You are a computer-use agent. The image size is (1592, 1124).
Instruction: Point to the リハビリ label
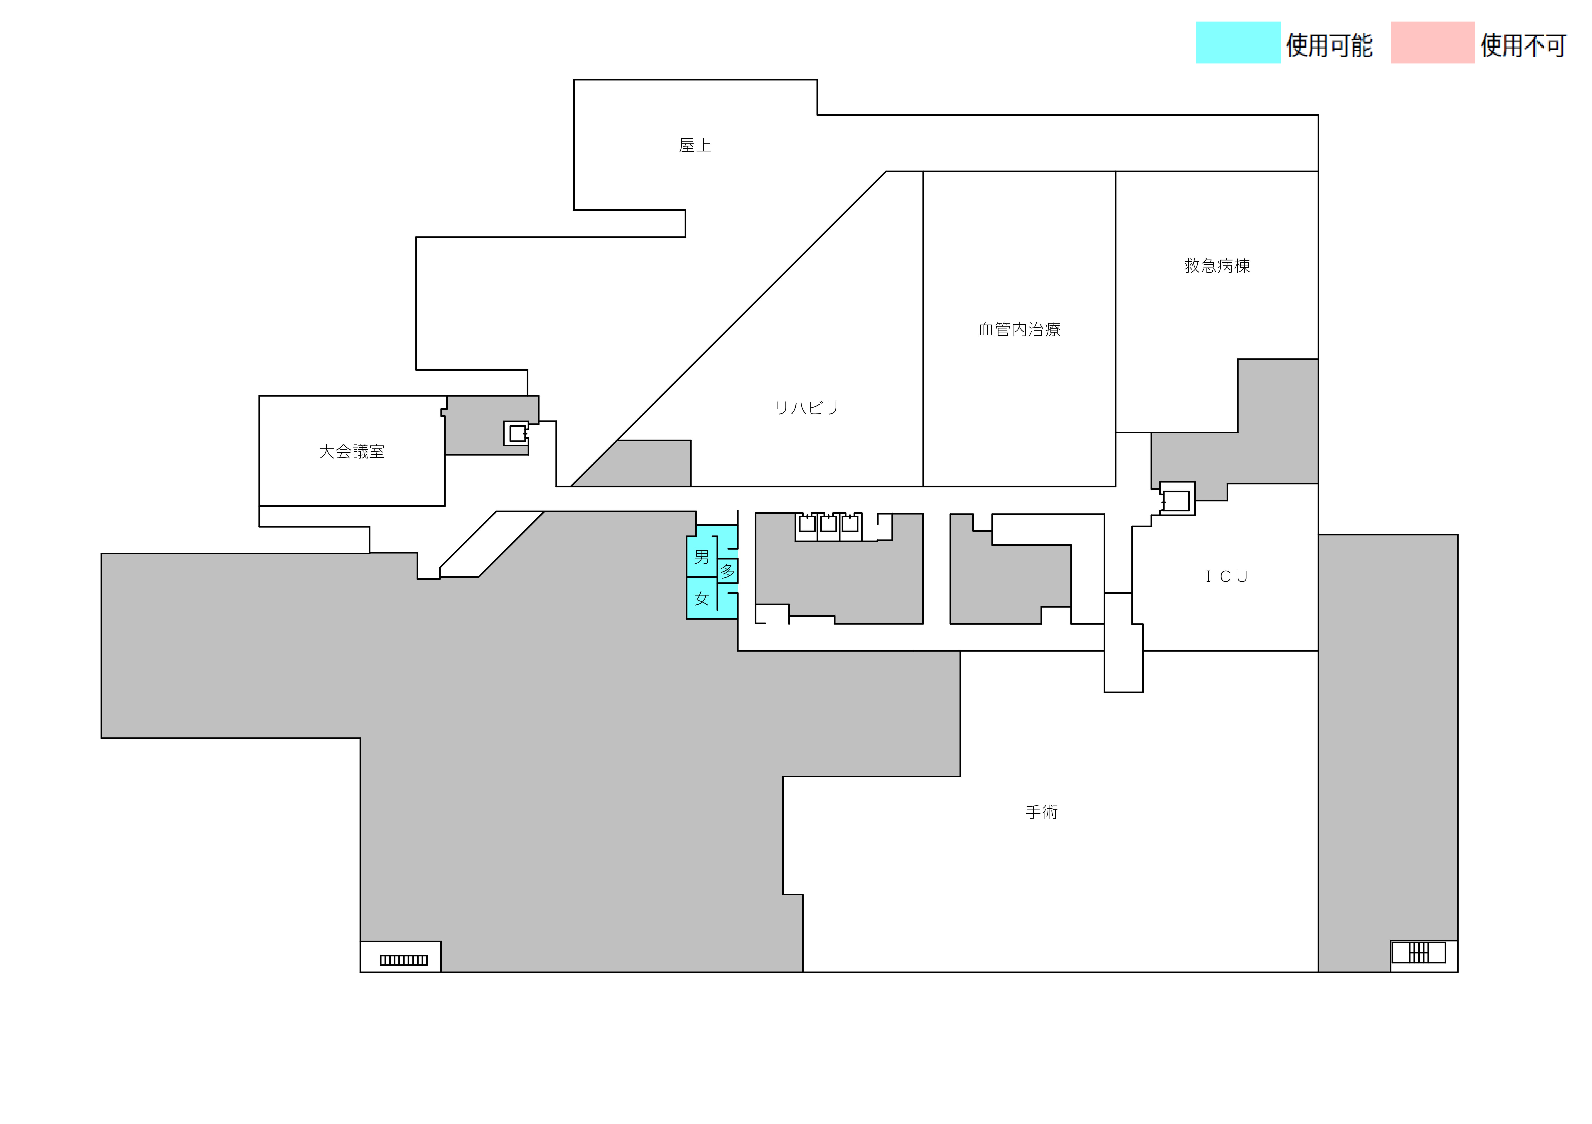pyautogui.click(x=806, y=407)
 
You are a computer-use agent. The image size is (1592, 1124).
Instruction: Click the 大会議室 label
pyautogui.click(x=351, y=452)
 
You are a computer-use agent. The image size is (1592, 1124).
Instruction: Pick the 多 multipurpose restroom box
pyautogui.click(x=727, y=571)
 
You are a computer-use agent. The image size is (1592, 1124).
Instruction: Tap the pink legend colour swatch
pyautogui.click(x=1433, y=43)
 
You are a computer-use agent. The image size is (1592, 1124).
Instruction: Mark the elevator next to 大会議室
pyautogui.click(x=517, y=434)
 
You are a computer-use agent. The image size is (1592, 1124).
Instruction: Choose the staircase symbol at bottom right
pyautogui.click(x=1419, y=953)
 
